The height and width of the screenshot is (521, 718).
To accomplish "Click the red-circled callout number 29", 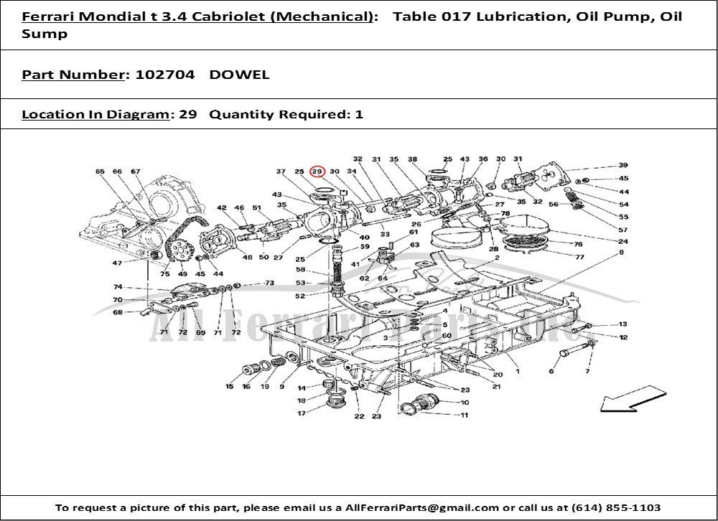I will click(317, 172).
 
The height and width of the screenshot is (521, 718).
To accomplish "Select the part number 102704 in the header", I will click(160, 75).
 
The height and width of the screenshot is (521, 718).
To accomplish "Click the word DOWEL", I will click(240, 75).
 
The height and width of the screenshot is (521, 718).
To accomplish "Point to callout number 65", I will click(100, 172).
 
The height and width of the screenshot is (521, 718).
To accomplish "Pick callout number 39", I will click(623, 165).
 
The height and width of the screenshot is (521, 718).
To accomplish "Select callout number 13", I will click(623, 324).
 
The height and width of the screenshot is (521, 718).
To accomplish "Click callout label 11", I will click(465, 415).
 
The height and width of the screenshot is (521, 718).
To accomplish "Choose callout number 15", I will click(230, 387).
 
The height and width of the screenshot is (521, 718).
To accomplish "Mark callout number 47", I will click(117, 263).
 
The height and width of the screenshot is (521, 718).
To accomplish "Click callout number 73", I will click(269, 283).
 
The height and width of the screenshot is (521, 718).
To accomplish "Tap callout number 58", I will click(302, 270).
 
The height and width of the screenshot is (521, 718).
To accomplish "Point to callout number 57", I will click(623, 229).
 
